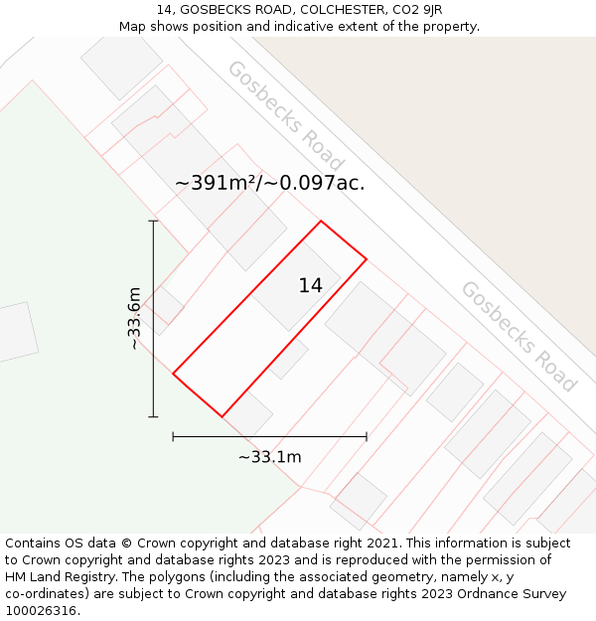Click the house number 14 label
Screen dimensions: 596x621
[310, 286]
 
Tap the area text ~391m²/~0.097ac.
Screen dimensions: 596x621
[269, 183]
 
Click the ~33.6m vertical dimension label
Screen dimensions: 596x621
[134, 318]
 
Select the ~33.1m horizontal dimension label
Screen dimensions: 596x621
[269, 457]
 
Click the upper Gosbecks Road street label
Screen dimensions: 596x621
[285, 115]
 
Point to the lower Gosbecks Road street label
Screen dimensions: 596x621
[518, 336]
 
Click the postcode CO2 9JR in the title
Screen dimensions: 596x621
[419, 10]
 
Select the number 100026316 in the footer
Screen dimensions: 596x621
[43, 611]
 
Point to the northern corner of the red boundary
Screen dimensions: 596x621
[321, 221]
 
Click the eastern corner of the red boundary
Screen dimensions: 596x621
[367, 259]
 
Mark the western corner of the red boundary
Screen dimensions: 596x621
[173, 375]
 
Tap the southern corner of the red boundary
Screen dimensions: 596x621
[222, 416]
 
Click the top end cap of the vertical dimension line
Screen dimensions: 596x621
[153, 221]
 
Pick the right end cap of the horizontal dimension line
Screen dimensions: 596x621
[367, 436]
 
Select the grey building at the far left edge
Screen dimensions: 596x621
[15, 334]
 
